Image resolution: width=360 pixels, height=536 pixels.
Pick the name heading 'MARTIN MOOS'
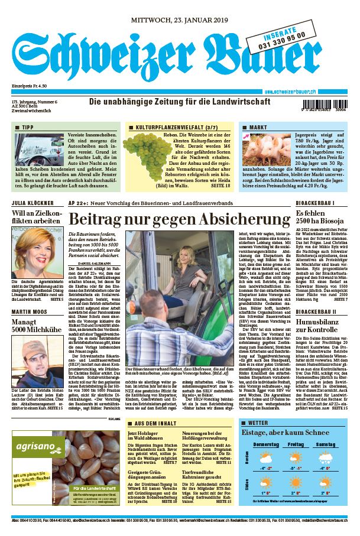[30, 311]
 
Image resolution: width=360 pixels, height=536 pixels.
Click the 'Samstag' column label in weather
[326, 444]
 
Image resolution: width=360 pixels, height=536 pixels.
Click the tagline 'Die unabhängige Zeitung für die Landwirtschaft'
[180, 101]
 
